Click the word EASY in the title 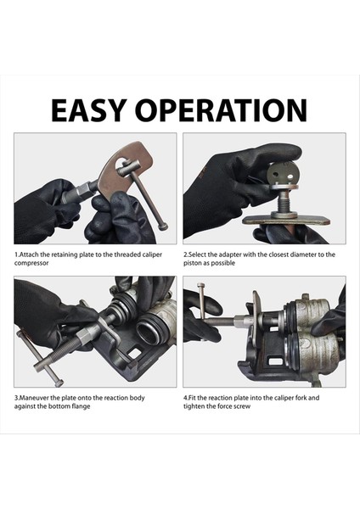pyautogui.click(x=91, y=110)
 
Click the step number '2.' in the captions pyautogui.click(x=186, y=254)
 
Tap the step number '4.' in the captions pyautogui.click(x=186, y=397)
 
